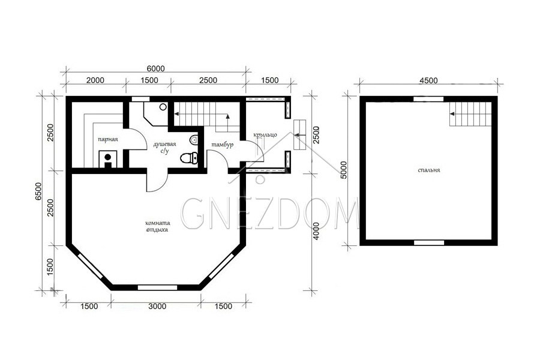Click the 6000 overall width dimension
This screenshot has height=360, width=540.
pyautogui.click(x=155, y=68)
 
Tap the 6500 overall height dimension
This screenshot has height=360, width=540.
pyautogui.click(x=38, y=191)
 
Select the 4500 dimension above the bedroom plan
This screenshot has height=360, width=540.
pyautogui.click(x=429, y=80)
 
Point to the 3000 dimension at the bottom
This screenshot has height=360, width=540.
pyautogui.click(x=157, y=306)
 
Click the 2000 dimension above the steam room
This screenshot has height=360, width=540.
pyautogui.click(x=95, y=80)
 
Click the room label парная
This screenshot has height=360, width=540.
pyautogui.click(x=108, y=140)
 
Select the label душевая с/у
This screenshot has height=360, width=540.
pyautogui.click(x=164, y=148)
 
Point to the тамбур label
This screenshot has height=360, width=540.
pyautogui.click(x=223, y=145)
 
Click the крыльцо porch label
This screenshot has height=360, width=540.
pyautogui.click(x=265, y=134)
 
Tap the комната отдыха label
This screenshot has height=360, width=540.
pyautogui.click(x=157, y=226)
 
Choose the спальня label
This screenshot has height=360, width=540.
pyautogui.click(x=429, y=170)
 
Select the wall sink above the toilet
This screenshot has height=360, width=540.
pyautogui.click(x=194, y=140)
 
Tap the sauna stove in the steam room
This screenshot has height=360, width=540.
pyautogui.click(x=108, y=159)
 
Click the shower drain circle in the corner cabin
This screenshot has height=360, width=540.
pyautogui.click(x=163, y=107)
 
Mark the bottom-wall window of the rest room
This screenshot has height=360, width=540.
pyautogui.click(x=157, y=287)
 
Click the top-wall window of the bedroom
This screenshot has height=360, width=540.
pyautogui.click(x=428, y=99)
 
